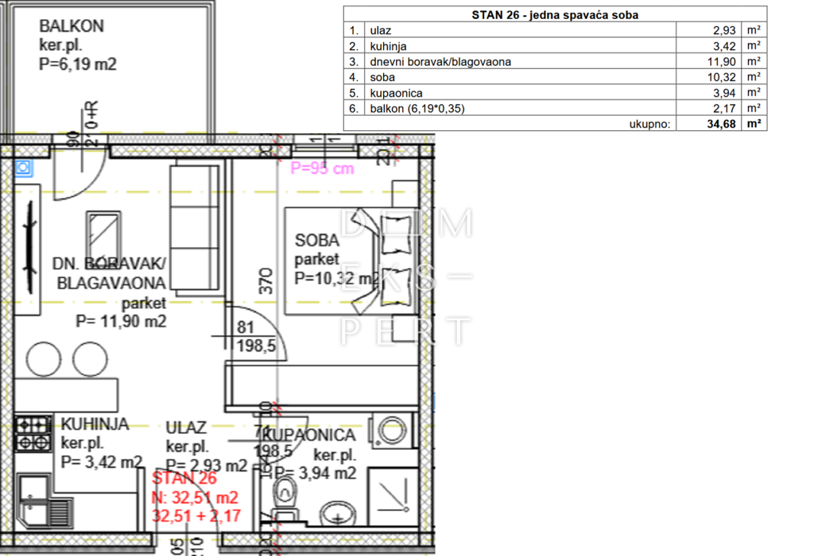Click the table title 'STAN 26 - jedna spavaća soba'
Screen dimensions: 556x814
pyautogui.click(x=554, y=14)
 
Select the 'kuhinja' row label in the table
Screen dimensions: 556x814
pyautogui.click(x=388, y=46)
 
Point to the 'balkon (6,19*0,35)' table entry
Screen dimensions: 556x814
pyautogui.click(x=418, y=108)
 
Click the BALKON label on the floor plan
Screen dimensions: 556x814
pyautogui.click(x=72, y=26)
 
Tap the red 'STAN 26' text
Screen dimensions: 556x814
pyautogui.click(x=184, y=479)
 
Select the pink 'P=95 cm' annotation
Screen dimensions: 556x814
pyautogui.click(x=322, y=168)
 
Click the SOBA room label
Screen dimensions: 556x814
pyautogui.click(x=316, y=241)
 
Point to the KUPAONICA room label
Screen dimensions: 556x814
pyautogui.click(x=308, y=435)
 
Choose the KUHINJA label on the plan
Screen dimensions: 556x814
pyautogui.click(x=95, y=424)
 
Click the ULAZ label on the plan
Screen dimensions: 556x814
pyautogui.click(x=186, y=428)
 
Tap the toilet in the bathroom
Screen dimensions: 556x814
pyautogui.click(x=284, y=494)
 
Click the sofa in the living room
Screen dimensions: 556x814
pyautogui.click(x=195, y=226)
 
